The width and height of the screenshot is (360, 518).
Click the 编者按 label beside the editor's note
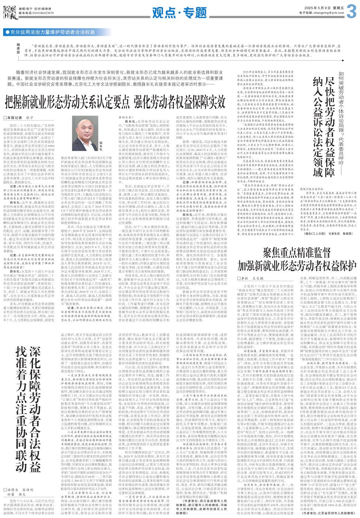point(18,50)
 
